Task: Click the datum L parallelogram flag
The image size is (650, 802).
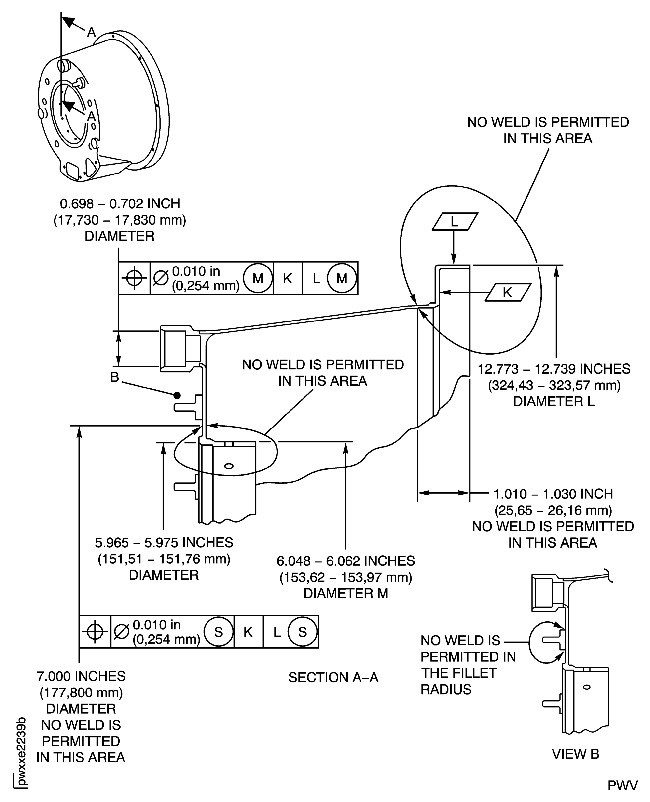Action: (x=455, y=222)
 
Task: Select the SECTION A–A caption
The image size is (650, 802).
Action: (x=333, y=677)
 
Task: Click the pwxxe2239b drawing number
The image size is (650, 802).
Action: (x=22, y=745)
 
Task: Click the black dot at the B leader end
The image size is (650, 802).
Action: (x=177, y=395)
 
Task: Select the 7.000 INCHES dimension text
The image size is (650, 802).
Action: (x=81, y=676)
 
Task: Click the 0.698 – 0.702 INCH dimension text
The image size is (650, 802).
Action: (x=120, y=204)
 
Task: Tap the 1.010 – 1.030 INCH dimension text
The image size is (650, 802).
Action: (x=553, y=494)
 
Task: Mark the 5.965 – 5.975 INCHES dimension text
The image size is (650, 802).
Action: (x=164, y=543)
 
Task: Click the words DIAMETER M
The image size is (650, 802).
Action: (x=346, y=594)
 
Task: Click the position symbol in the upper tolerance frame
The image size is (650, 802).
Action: (x=134, y=278)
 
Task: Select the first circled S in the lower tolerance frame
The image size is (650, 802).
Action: (x=219, y=632)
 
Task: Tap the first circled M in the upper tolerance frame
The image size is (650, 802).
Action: (x=258, y=278)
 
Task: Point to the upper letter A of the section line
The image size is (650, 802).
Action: (x=91, y=33)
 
